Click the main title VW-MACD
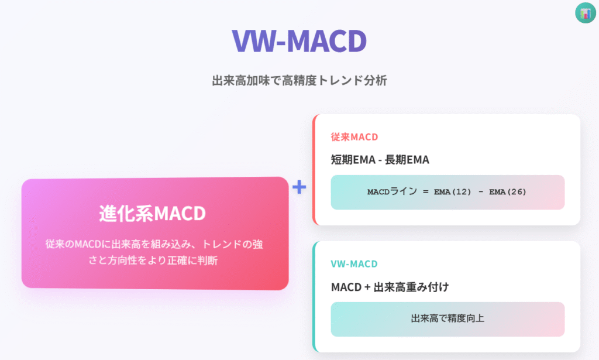click(299, 40)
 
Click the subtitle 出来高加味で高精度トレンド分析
click(299, 80)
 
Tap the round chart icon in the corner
click(585, 13)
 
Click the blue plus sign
click(299, 187)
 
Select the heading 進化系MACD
click(153, 213)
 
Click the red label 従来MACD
click(354, 137)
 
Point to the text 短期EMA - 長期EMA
click(380, 159)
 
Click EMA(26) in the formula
click(508, 192)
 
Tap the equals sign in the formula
click(426, 192)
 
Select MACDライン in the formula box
click(392, 191)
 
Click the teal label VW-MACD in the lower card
click(354, 263)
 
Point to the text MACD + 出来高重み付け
click(390, 287)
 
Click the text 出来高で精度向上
click(447, 318)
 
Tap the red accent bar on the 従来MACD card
click(315, 170)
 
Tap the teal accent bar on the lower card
click(315, 297)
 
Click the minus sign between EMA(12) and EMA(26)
click(481, 192)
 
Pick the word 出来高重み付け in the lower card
click(411, 287)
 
